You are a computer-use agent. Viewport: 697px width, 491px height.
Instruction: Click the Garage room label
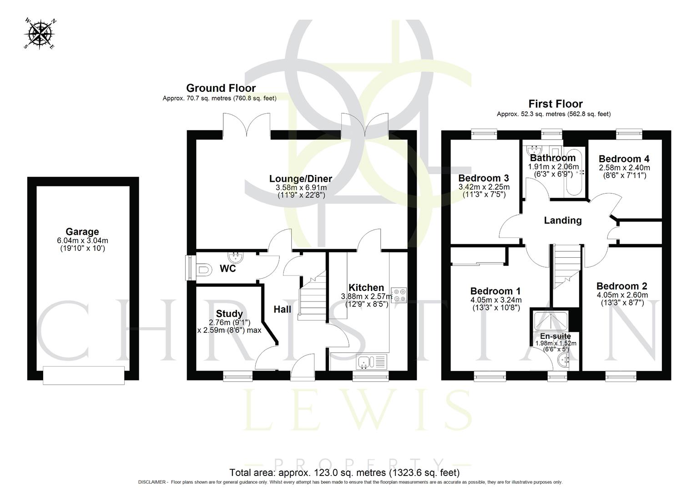tap(82, 232)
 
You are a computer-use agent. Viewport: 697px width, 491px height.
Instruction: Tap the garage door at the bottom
tap(83, 375)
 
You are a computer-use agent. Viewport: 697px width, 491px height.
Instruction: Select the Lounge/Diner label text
tap(301, 179)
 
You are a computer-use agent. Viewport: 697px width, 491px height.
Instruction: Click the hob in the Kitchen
tap(399, 295)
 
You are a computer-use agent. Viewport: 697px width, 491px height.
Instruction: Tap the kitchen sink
tap(364, 362)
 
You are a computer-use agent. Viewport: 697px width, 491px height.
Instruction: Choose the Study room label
tap(229, 314)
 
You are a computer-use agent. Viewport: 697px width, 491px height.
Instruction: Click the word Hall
tap(282, 310)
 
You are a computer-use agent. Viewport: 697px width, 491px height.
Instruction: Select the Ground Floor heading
tap(221, 88)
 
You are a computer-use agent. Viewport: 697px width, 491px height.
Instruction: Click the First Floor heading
tap(555, 104)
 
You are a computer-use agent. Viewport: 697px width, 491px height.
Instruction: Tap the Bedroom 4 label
tap(624, 159)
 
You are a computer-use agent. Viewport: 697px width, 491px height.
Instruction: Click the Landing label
tap(563, 220)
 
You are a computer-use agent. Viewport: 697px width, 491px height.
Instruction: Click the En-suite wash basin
tap(563, 361)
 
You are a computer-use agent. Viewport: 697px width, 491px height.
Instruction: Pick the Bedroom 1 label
tap(495, 291)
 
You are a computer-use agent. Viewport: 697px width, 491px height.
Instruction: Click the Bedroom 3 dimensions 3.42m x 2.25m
tap(484, 187)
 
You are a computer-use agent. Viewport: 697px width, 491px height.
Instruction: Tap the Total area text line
tap(344, 472)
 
